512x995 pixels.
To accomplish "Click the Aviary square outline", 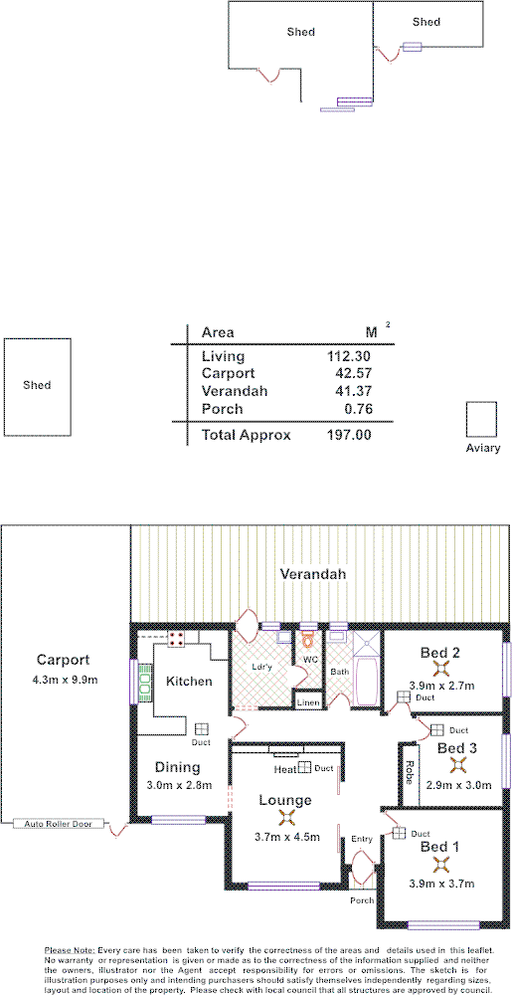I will (x=481, y=418).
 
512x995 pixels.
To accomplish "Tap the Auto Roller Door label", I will (x=60, y=824).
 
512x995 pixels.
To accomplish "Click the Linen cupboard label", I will (x=308, y=702).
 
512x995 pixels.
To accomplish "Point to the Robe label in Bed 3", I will (x=409, y=772).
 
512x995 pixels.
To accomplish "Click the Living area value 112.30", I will (x=348, y=356).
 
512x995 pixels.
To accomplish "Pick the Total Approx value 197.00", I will (x=348, y=435).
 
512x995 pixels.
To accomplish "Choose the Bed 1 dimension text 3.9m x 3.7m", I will (x=441, y=883).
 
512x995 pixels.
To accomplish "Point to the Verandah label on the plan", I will (x=312, y=575).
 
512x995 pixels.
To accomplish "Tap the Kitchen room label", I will (x=188, y=682).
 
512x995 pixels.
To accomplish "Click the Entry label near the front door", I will (x=363, y=839).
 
